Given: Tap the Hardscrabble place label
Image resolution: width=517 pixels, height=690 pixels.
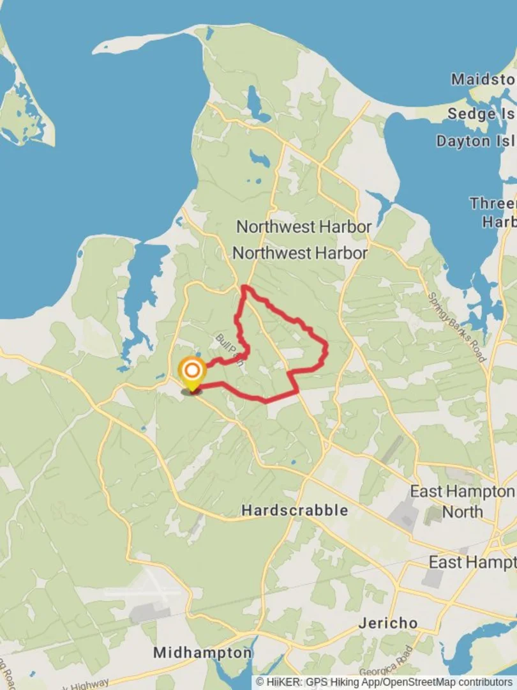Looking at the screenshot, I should pos(295,510).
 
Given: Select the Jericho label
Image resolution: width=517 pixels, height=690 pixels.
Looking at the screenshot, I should pos(387,622).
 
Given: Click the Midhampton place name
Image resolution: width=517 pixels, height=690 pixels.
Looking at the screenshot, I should pos(202,653).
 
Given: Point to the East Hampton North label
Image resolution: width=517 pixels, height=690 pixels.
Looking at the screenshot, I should pos(462,502).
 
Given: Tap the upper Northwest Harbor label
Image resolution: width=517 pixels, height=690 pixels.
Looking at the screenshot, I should pos(304,227).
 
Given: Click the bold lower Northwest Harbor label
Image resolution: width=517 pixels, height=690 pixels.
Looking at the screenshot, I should pos(299,253).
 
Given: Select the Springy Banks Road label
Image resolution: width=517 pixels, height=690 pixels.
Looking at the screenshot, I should pos(457,326).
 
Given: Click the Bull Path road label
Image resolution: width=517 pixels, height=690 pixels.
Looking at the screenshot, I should pos(229,349).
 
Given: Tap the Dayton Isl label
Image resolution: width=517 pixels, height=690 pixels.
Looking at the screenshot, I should pos(476,141).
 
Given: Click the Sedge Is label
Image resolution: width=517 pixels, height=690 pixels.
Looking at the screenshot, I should pos(481,114).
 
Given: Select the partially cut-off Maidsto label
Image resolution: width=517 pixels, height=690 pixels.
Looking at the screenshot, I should pos(483,79).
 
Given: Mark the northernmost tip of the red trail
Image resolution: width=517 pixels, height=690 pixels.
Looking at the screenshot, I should pos(244,287).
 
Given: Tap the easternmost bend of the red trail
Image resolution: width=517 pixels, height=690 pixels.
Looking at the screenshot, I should pos(326,349).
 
